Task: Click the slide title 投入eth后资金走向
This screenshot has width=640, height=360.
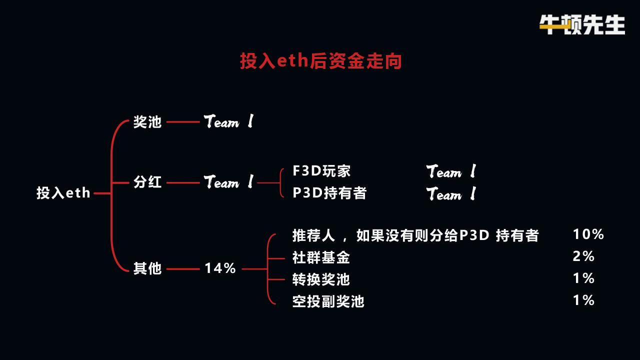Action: point(320,61)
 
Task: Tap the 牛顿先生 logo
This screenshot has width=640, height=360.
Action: point(582,24)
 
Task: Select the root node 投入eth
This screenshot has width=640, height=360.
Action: point(63,193)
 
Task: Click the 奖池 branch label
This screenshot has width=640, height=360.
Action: point(147,122)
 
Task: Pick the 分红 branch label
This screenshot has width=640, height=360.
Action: point(147,182)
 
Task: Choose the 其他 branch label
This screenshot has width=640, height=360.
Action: point(147,268)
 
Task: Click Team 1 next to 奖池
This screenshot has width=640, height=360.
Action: point(228,122)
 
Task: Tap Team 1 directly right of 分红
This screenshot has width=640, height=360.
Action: point(228,182)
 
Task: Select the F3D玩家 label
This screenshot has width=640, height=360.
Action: point(321,171)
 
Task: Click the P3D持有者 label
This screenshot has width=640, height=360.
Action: point(329,193)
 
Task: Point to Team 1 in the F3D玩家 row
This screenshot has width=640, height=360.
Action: point(451,172)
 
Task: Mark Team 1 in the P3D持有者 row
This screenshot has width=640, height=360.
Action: point(451,194)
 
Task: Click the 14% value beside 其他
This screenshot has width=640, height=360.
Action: point(220,268)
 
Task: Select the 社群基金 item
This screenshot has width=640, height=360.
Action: point(321,257)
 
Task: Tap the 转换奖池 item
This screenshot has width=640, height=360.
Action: point(321,279)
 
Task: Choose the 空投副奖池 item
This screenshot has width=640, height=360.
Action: point(328,301)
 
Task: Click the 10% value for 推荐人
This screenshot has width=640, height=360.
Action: point(588,234)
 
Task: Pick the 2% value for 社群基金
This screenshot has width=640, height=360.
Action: point(583,256)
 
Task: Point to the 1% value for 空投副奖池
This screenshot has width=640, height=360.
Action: point(583,300)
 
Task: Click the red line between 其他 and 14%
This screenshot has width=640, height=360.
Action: point(182,269)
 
